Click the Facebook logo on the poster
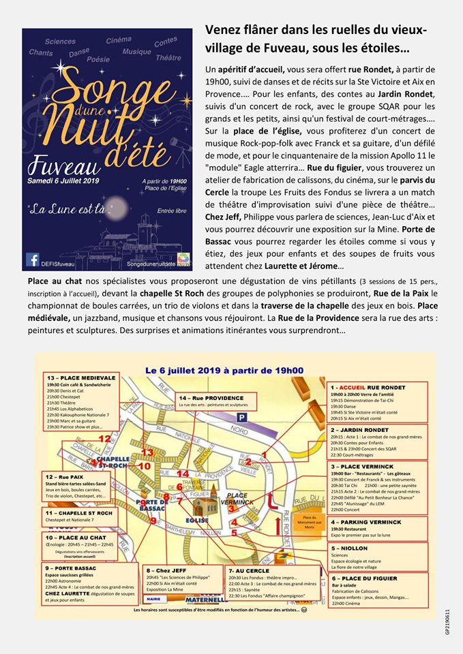click(x=32, y=260)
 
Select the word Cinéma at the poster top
click(x=119, y=40)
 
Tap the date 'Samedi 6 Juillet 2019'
click(x=64, y=161)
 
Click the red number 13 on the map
click(x=147, y=452)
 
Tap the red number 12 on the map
click(x=104, y=439)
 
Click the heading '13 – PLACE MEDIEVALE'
click(x=74, y=377)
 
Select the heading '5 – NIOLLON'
click(x=352, y=547)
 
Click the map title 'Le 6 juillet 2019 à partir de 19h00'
click(x=224, y=370)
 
